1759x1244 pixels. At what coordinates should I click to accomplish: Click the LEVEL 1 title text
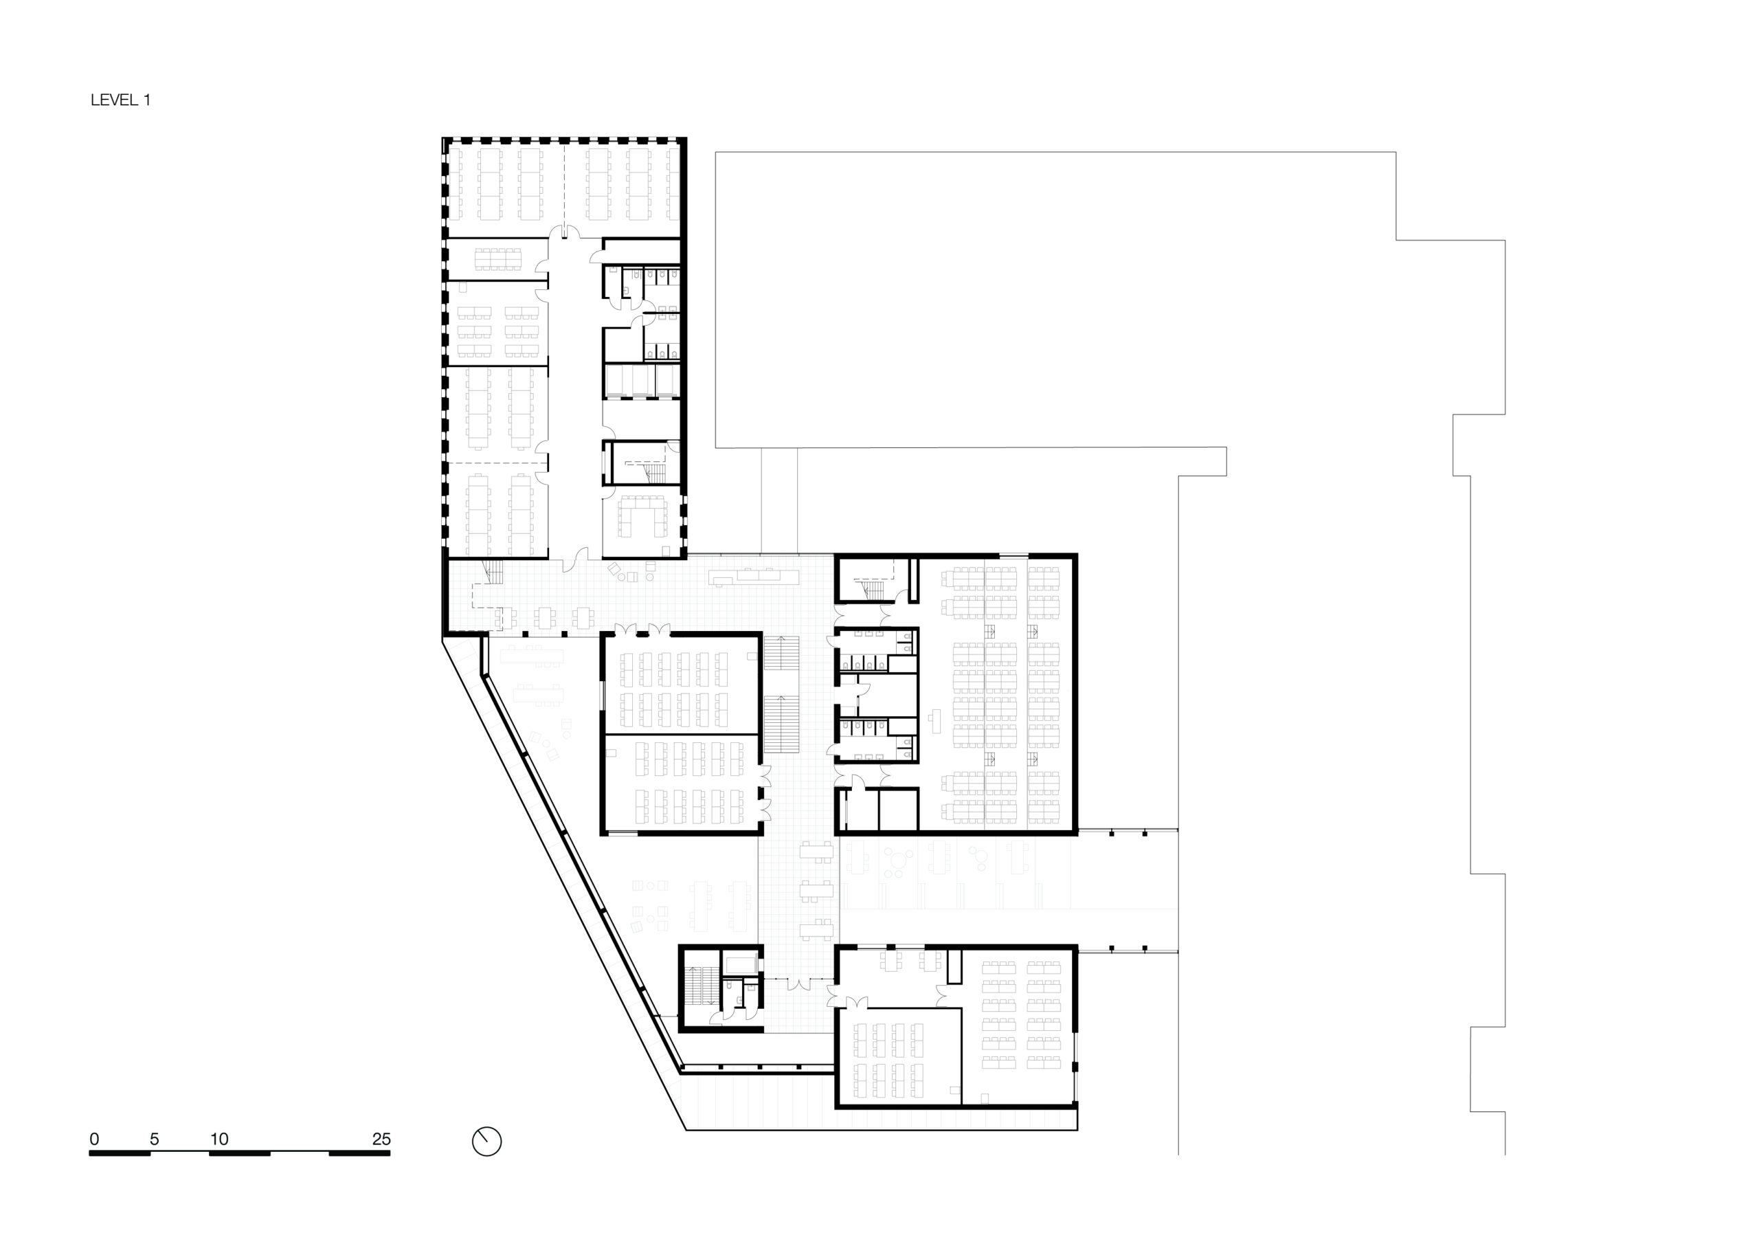(x=120, y=100)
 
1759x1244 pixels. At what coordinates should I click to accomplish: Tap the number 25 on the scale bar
(x=381, y=1139)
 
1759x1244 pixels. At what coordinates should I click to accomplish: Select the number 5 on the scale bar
(x=154, y=1139)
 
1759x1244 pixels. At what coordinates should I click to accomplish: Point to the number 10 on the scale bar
(x=219, y=1139)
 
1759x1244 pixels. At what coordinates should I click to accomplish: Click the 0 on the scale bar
(x=94, y=1139)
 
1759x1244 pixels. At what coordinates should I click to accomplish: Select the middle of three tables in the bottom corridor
(x=816, y=890)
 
